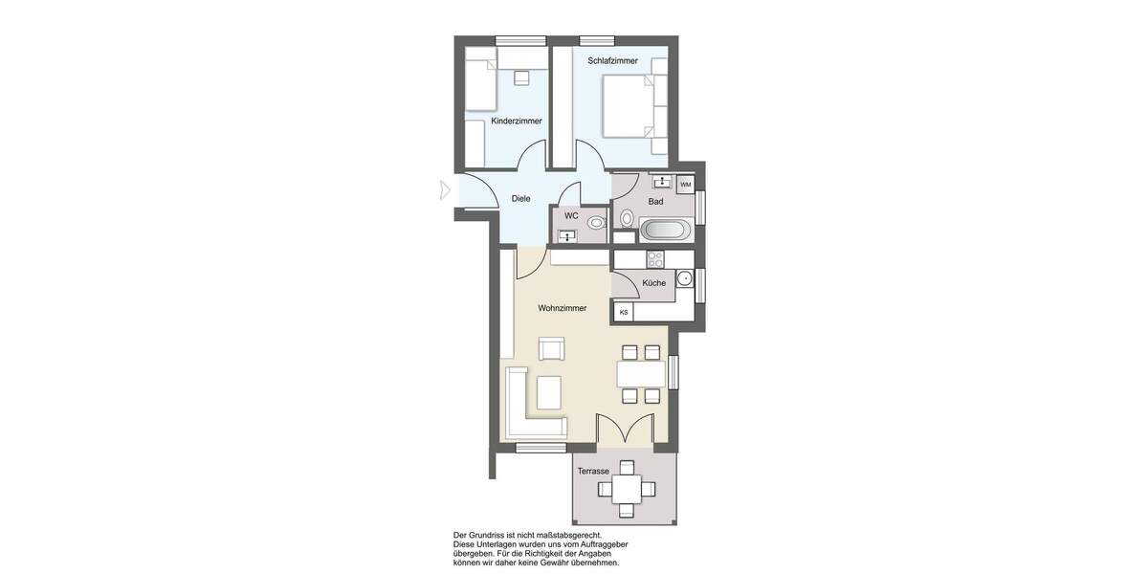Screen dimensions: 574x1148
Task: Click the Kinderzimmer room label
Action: pyautogui.click(x=517, y=121)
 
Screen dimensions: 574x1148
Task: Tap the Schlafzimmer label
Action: pyautogui.click(x=612, y=60)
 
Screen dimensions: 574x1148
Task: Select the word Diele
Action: pyautogui.click(x=520, y=199)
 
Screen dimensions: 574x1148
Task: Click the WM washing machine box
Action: pyautogui.click(x=685, y=184)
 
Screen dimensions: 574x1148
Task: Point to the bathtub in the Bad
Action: pyautogui.click(x=662, y=230)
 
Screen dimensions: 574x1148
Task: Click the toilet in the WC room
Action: pyautogui.click(x=596, y=222)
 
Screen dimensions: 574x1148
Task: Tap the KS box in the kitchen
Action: pyautogui.click(x=624, y=312)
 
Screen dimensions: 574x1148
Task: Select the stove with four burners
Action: pyautogui.click(x=655, y=258)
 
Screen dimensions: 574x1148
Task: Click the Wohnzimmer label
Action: pyautogui.click(x=563, y=308)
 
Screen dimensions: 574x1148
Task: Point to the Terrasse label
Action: pyautogui.click(x=593, y=471)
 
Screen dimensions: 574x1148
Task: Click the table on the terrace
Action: pyautogui.click(x=627, y=489)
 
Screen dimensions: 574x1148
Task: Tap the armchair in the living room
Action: pyautogui.click(x=552, y=349)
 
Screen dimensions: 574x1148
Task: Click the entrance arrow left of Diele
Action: pyautogui.click(x=444, y=189)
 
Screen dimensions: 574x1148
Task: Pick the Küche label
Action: pyautogui.click(x=654, y=283)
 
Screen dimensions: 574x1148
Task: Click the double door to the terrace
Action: pyautogui.click(x=625, y=429)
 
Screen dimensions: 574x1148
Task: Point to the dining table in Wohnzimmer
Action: pyautogui.click(x=641, y=373)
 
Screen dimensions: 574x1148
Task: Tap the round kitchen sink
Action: pyautogui.click(x=684, y=278)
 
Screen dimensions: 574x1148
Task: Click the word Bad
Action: pyautogui.click(x=655, y=202)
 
